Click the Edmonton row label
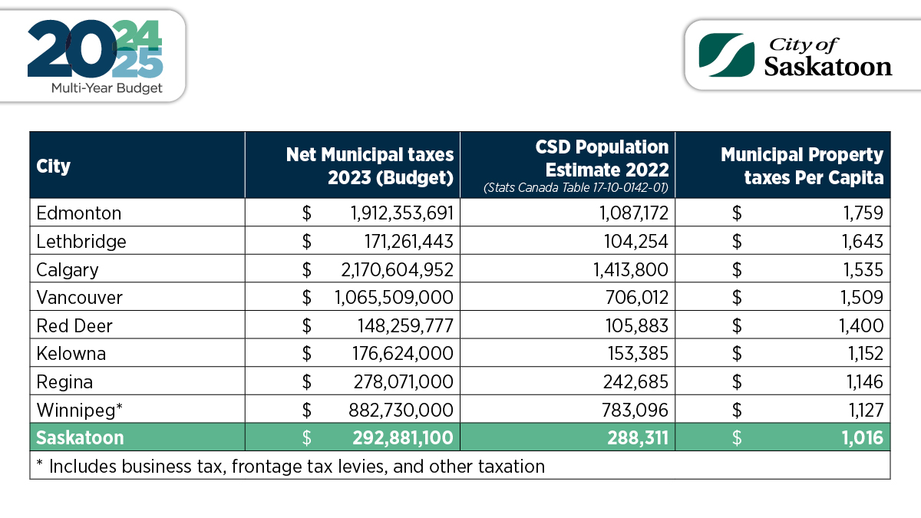[79, 213]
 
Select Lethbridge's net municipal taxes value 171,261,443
[408, 241]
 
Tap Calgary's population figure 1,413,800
[630, 269]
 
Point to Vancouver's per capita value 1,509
[862, 297]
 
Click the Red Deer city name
[74, 325]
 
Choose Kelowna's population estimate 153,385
[638, 354]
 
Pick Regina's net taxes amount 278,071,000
[404, 382]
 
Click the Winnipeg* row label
[79, 410]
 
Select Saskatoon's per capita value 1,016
[863, 438]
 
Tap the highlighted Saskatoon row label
[80, 438]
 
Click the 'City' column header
[54, 167]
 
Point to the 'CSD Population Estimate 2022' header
[602, 158]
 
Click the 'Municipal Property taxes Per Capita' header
[802, 166]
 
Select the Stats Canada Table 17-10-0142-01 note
[576, 188]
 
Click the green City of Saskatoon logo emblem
[727, 55]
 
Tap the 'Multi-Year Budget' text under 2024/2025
[107, 88]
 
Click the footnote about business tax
[291, 467]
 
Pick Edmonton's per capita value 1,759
[863, 213]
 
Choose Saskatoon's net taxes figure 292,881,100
[403, 438]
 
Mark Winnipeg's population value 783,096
[635, 410]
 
